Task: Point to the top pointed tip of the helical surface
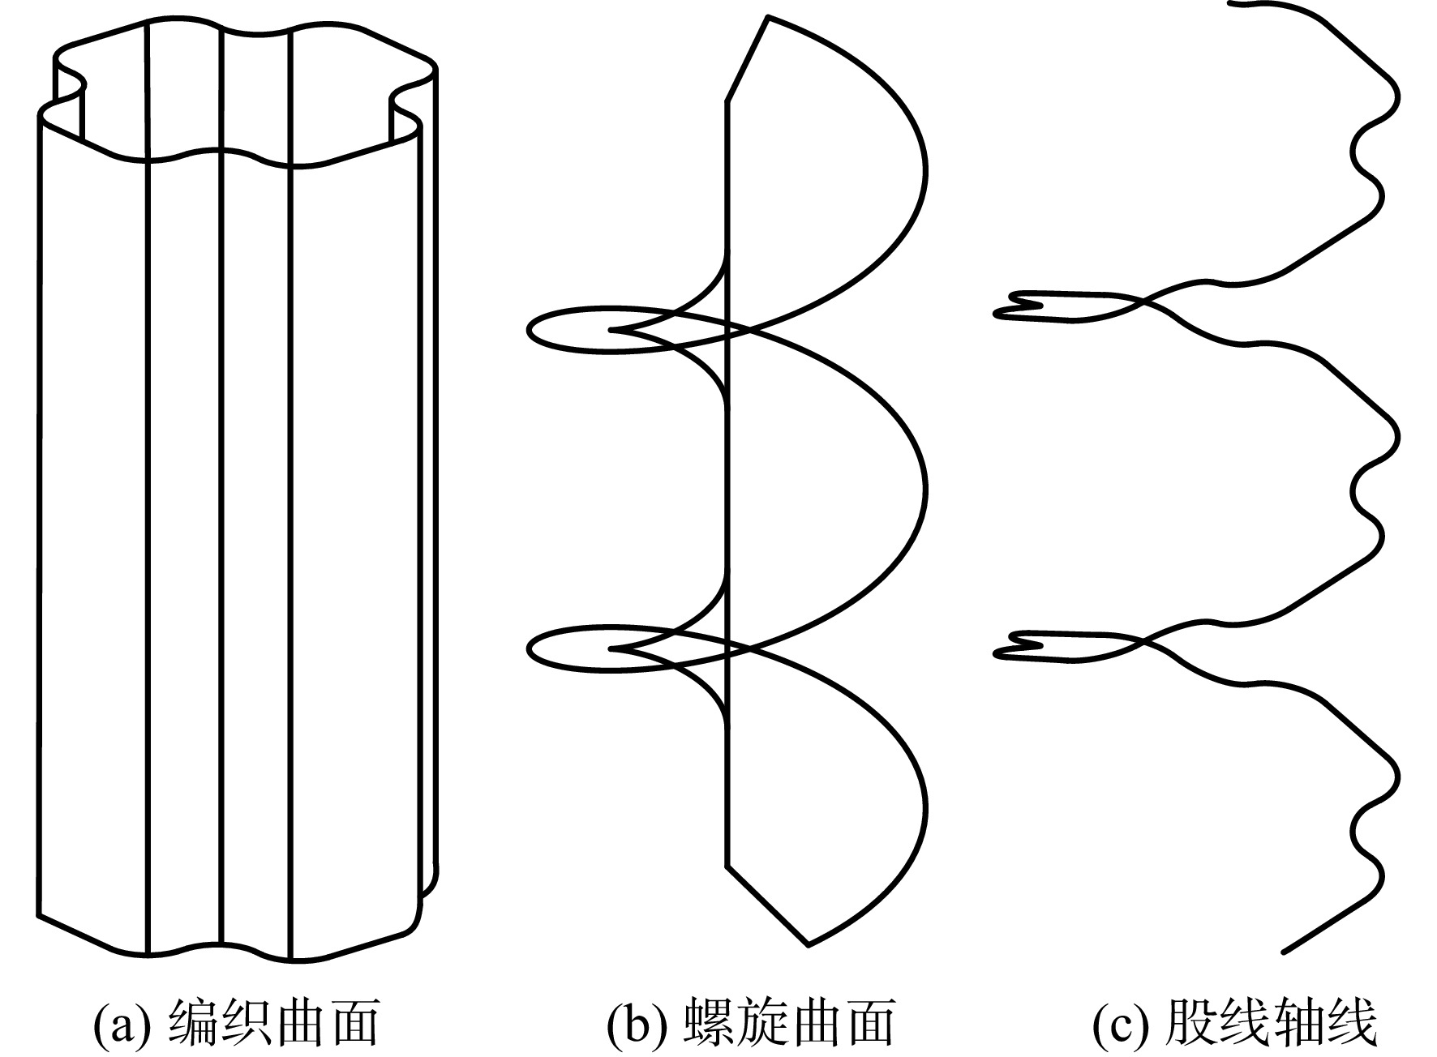pos(767,16)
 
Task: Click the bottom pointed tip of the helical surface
pos(809,944)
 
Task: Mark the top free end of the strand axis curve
pos(1231,3)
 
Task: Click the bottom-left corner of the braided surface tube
pos(39,916)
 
